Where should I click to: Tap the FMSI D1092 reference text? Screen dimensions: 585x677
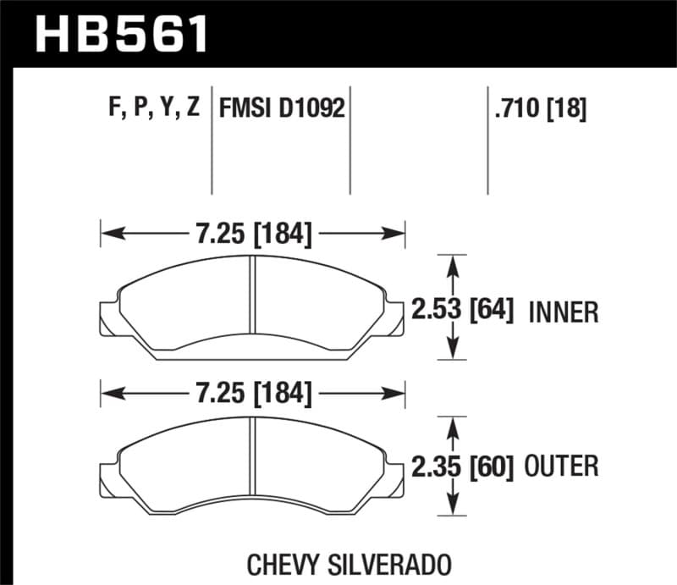coord(283,108)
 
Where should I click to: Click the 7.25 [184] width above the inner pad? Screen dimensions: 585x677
coord(254,232)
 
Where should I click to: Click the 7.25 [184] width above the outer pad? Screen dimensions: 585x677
coord(254,394)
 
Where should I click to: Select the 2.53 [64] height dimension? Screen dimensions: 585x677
coord(463,310)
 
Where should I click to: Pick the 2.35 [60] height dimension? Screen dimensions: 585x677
coord(463,466)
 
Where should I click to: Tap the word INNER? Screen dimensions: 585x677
coord(564,312)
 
